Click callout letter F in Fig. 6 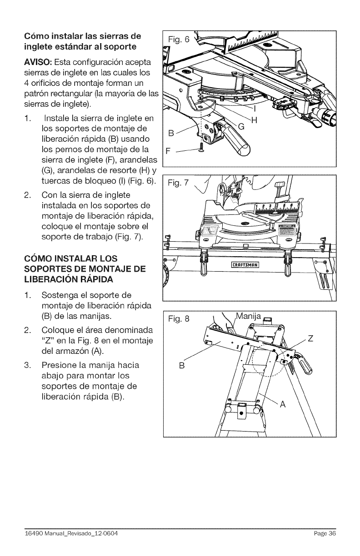167,152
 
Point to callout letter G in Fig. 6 242,128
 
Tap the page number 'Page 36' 325,533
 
